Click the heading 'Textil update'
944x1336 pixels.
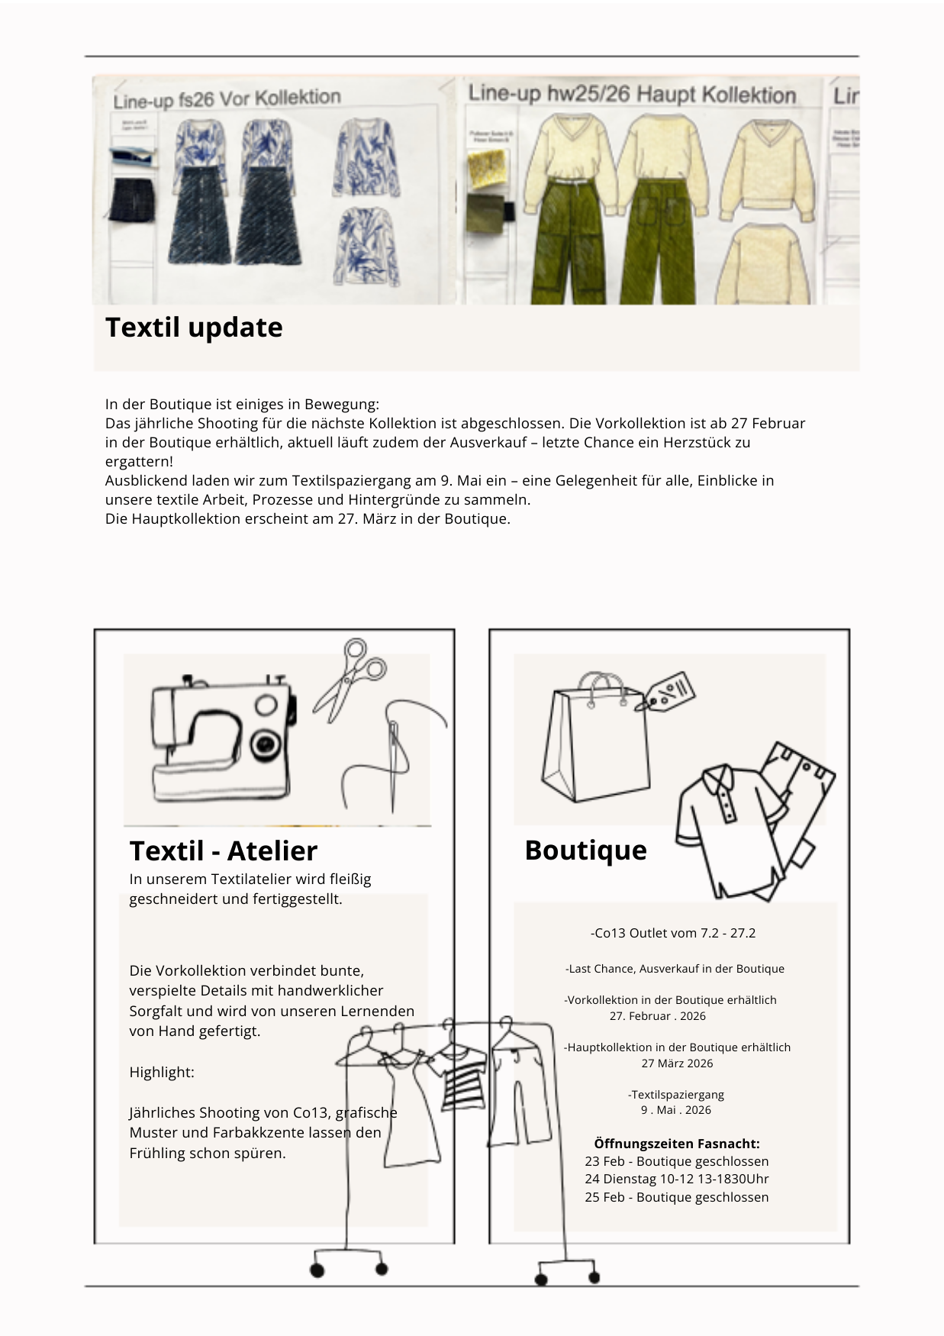tap(194, 328)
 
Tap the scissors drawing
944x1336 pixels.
tap(350, 679)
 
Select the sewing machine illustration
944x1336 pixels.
tap(222, 740)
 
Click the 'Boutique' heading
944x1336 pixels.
tap(585, 850)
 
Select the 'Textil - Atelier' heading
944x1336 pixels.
tap(223, 850)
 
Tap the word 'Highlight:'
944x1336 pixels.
tap(162, 1072)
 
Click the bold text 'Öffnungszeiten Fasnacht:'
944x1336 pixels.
tap(676, 1143)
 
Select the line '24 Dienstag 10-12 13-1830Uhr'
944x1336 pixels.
tap(676, 1179)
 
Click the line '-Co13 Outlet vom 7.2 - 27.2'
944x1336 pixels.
tap(672, 933)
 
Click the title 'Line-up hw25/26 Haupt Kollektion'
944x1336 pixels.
tap(632, 95)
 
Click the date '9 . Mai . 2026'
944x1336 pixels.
tap(675, 1110)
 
